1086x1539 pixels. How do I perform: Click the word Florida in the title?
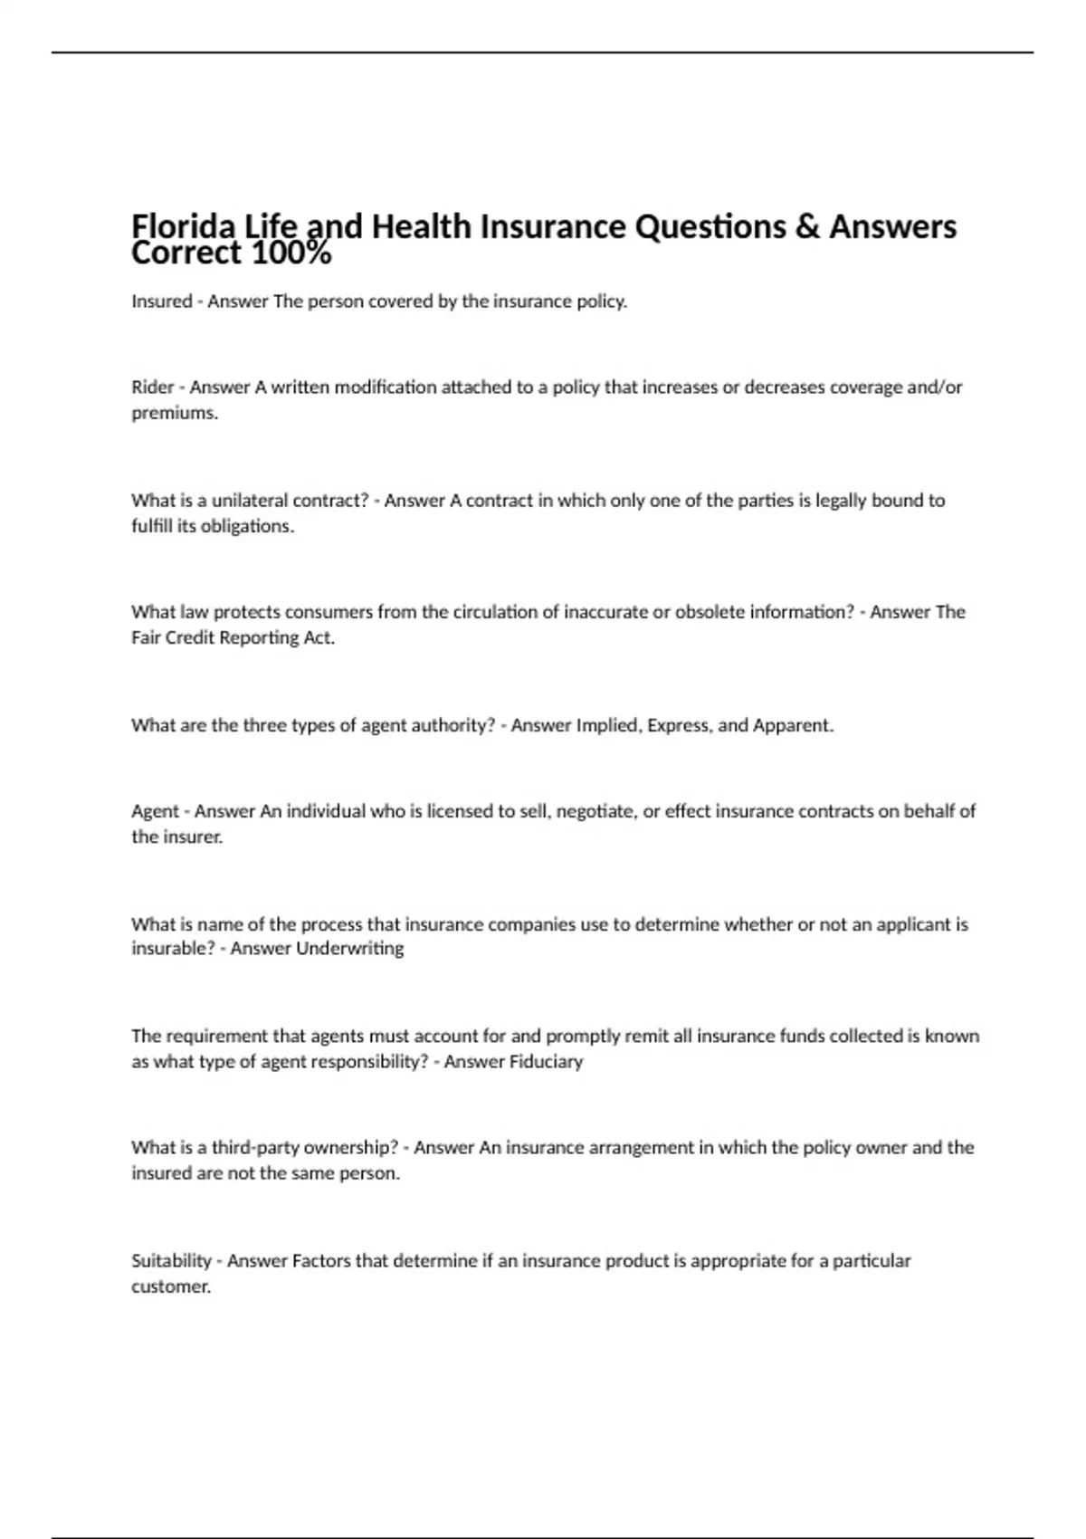coord(178,226)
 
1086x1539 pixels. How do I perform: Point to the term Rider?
coord(152,387)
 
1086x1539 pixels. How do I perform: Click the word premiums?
coord(174,414)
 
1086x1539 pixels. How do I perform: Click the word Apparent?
coord(792,725)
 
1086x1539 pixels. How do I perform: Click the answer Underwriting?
coord(349,949)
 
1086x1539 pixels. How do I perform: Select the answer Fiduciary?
coord(547,1062)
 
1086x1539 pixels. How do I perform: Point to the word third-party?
coord(254,1148)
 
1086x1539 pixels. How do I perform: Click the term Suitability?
coord(171,1261)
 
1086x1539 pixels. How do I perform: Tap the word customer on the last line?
coord(170,1287)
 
